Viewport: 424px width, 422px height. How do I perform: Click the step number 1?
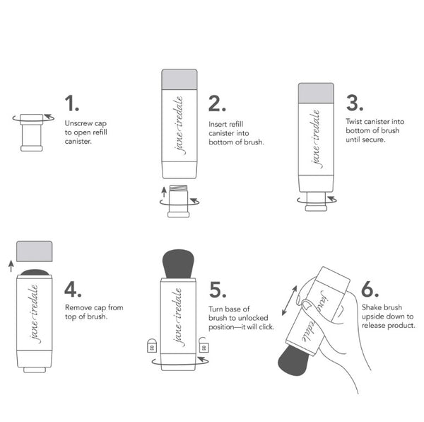71,103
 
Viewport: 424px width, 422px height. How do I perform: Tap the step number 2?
217,103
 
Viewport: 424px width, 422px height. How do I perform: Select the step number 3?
355,103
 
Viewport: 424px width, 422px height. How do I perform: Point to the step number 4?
73,290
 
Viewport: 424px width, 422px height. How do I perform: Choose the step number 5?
218,290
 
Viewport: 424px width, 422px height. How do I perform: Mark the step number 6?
370,290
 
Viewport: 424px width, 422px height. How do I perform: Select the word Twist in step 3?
353,121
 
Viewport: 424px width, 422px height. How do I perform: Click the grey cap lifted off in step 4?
35,251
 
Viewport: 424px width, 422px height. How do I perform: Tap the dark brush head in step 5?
178,264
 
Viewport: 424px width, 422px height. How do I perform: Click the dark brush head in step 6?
294,360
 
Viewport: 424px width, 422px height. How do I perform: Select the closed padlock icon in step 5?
152,346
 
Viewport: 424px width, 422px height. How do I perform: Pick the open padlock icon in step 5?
204,345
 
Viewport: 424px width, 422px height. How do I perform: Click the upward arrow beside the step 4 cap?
11,266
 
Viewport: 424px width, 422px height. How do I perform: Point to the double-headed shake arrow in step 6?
289,301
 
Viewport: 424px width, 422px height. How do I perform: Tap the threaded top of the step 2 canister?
178,188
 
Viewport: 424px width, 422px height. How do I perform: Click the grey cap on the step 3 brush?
316,93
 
